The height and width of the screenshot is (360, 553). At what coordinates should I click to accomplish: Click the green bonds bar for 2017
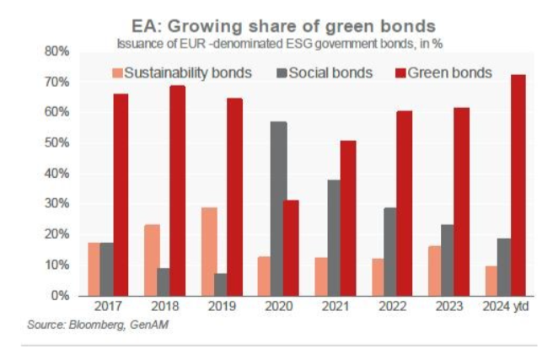pyautogui.click(x=121, y=195)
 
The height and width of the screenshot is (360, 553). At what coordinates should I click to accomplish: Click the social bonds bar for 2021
pyautogui.click(x=334, y=238)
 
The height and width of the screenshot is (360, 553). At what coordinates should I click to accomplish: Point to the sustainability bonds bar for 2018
pyautogui.click(x=152, y=260)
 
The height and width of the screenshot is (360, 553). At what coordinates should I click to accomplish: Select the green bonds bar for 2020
pyautogui.click(x=291, y=247)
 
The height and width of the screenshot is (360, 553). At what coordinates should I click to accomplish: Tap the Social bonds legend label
pyautogui.click(x=330, y=73)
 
